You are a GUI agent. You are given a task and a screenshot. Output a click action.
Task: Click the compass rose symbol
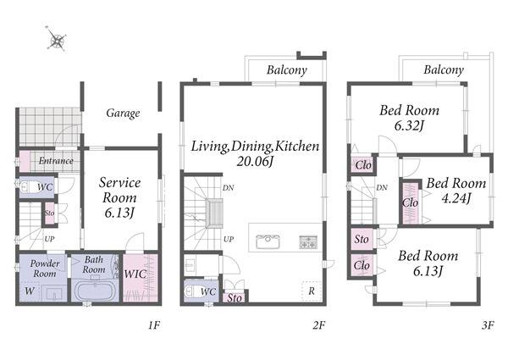(x=57, y=39)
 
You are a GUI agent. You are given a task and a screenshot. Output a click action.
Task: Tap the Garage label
(x=123, y=114)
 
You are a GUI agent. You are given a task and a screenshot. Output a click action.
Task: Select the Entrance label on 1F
(x=56, y=160)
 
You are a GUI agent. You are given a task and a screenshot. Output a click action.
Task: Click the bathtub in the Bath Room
(x=95, y=291)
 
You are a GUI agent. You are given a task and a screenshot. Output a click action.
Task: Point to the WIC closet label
(x=135, y=274)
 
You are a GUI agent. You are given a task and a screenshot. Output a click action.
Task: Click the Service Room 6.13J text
(x=120, y=197)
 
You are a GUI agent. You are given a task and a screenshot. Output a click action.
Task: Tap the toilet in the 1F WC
(x=27, y=187)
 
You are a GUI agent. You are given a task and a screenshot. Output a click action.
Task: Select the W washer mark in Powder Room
(x=30, y=291)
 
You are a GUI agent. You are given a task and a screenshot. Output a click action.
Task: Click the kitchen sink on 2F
(x=268, y=241)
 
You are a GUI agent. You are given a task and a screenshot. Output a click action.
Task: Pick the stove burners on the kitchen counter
(x=308, y=242)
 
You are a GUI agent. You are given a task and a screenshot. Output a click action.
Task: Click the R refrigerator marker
(x=312, y=291)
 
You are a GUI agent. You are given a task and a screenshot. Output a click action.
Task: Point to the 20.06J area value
(x=256, y=162)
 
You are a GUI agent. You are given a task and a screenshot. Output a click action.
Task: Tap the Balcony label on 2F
(x=287, y=70)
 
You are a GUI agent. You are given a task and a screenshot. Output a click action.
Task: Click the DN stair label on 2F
(x=228, y=187)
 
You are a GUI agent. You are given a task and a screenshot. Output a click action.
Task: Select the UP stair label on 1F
(x=49, y=239)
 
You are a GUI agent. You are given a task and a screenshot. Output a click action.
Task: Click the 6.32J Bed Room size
(x=409, y=125)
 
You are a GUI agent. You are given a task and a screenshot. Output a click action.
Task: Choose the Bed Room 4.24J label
(x=456, y=191)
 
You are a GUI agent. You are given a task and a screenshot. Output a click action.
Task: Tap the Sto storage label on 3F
(x=362, y=240)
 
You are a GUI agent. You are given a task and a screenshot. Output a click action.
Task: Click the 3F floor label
(x=488, y=325)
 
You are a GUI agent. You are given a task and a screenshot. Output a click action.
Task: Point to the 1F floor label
(x=154, y=325)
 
